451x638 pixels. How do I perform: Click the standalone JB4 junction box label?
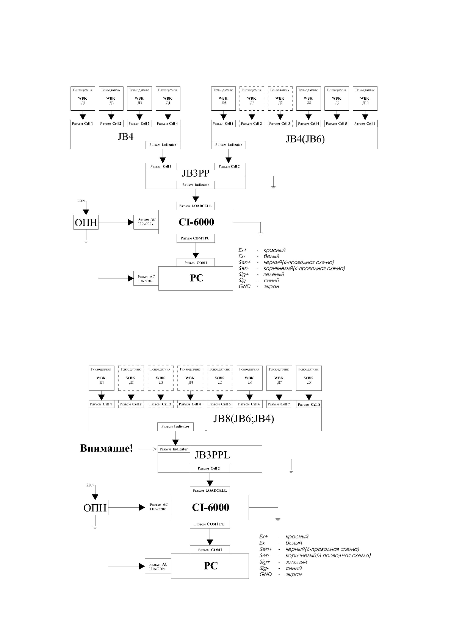pyautogui.click(x=125, y=137)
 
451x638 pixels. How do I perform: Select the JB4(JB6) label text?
pyautogui.click(x=305, y=139)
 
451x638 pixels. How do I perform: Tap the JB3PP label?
pyautogui.click(x=196, y=174)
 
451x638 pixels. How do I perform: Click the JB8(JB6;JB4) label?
pyautogui.click(x=244, y=419)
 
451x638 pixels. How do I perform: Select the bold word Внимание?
pyautogui.click(x=106, y=449)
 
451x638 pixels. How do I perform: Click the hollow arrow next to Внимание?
pyautogui.click(x=154, y=449)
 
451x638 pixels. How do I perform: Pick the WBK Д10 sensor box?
pyautogui.click(x=365, y=99)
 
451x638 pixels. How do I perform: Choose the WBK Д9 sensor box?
pyautogui.click(x=337, y=99)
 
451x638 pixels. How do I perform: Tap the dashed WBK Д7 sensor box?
pyautogui.click(x=280, y=99)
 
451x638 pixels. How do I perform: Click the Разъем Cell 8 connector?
pyautogui.click(x=309, y=404)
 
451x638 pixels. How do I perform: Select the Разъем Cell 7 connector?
pyautogui.click(x=279, y=404)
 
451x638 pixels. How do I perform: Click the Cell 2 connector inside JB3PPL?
pyautogui.click(x=209, y=468)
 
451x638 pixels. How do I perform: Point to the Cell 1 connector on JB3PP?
pyautogui.click(x=161, y=166)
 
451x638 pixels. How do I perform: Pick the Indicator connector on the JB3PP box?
pyautogui.click(x=196, y=185)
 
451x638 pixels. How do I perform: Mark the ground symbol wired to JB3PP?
pyautogui.click(x=273, y=187)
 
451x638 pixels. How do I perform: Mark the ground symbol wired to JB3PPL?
pyautogui.click(x=291, y=471)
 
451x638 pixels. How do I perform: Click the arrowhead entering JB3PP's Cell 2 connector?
pyautogui.click(x=228, y=160)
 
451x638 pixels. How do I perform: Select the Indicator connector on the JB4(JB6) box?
pyautogui.click(x=229, y=145)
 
